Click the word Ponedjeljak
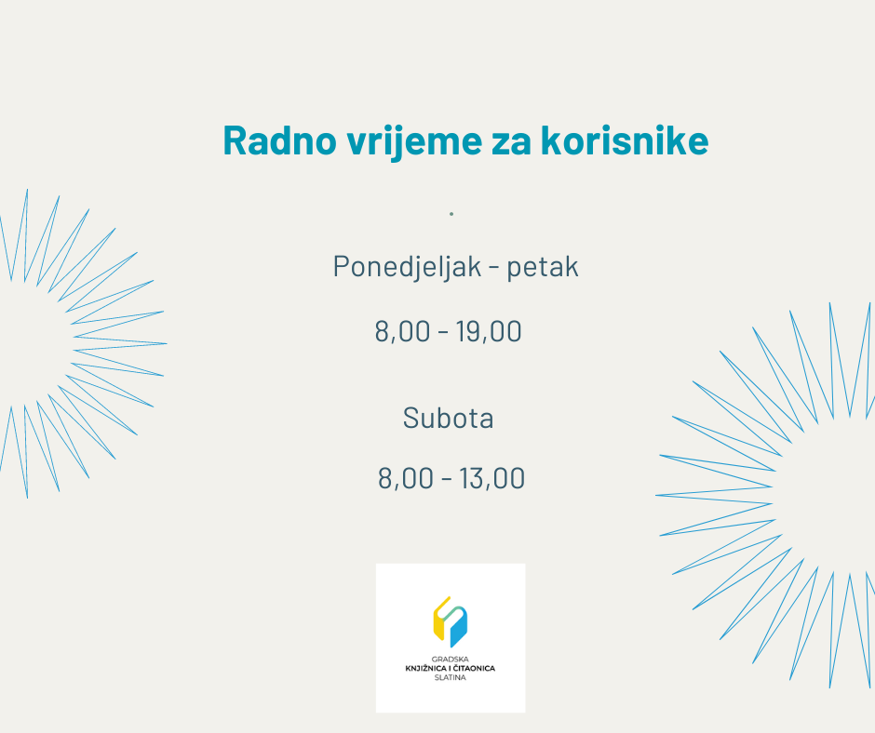pyautogui.click(x=408, y=267)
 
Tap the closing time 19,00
pyautogui.click(x=489, y=331)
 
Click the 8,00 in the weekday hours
pyautogui.click(x=402, y=331)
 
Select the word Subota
pyautogui.click(x=448, y=418)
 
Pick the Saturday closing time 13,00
pyautogui.click(x=491, y=478)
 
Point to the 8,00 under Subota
pyautogui.click(x=406, y=478)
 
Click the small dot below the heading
pyautogui.click(x=451, y=214)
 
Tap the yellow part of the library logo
pyautogui.click(x=440, y=620)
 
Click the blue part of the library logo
pyautogui.click(x=459, y=628)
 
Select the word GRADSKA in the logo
pyautogui.click(x=451, y=660)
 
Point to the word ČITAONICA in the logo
pyautogui.click(x=476, y=668)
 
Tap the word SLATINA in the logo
pyautogui.click(x=451, y=678)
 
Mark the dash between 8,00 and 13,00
pyautogui.click(x=447, y=479)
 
